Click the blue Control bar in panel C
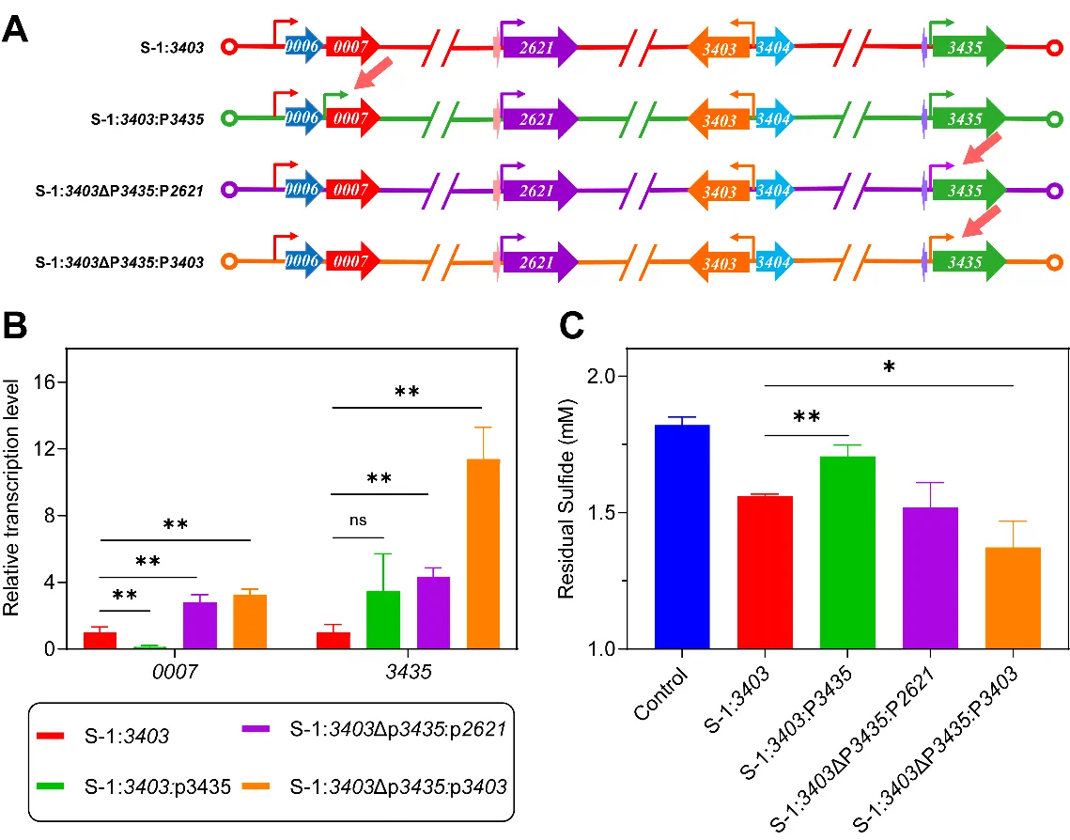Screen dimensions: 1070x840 (682, 537)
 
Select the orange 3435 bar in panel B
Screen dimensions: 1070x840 (483, 553)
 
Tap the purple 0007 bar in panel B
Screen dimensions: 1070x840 (200, 625)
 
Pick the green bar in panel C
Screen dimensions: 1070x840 (847, 552)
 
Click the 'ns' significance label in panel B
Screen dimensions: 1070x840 (358, 521)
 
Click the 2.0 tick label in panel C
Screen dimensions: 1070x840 (601, 376)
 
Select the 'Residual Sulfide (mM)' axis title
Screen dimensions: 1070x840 (566, 499)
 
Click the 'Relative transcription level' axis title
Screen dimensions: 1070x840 (10, 497)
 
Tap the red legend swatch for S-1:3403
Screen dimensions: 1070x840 (50, 736)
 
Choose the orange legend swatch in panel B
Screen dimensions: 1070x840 (256, 786)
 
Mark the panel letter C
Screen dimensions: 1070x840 (572, 325)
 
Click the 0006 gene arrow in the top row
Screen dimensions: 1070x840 (302, 46)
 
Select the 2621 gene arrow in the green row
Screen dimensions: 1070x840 (539, 118)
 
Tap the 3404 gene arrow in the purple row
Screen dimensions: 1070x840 (774, 190)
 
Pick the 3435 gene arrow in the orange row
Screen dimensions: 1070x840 (969, 261)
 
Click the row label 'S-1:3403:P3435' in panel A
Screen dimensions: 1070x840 (147, 119)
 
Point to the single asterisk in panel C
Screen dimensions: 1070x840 (890, 367)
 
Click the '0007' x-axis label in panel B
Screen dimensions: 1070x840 (175, 672)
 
